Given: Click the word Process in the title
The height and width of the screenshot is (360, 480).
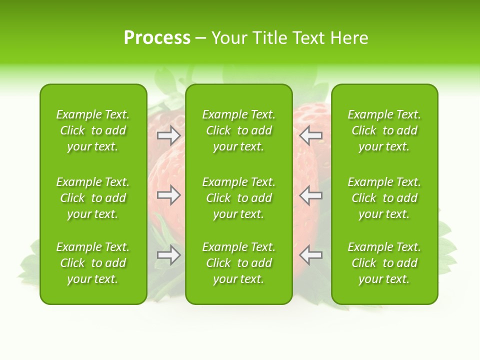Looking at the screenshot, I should point(157,38).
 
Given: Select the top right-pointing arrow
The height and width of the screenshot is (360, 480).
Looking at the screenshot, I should point(168,135).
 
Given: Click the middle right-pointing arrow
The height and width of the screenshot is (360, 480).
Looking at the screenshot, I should point(168,195).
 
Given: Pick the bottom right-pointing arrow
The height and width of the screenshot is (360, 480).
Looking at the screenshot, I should point(168,255).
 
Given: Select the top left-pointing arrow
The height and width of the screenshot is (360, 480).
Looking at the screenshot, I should point(311,135).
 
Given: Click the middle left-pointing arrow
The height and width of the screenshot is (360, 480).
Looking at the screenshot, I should point(311,195).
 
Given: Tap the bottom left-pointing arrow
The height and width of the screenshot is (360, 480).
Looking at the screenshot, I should point(311,255).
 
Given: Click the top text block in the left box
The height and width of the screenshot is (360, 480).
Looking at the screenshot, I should point(93,130).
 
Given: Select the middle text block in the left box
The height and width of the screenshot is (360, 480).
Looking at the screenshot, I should point(93,198).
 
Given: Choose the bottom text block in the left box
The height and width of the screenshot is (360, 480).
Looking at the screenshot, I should point(93,263).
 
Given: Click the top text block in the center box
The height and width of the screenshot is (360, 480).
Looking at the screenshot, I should point(239,130).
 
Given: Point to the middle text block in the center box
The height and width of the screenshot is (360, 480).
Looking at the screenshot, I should point(239,198).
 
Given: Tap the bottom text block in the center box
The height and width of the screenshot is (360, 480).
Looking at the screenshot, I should point(239,263).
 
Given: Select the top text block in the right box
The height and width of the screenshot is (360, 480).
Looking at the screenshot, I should point(384,130).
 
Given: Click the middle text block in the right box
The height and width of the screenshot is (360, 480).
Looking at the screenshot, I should point(384,198).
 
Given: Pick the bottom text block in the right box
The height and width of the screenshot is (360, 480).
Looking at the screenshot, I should point(384,263).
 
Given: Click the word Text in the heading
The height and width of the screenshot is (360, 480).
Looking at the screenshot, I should point(309,38).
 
